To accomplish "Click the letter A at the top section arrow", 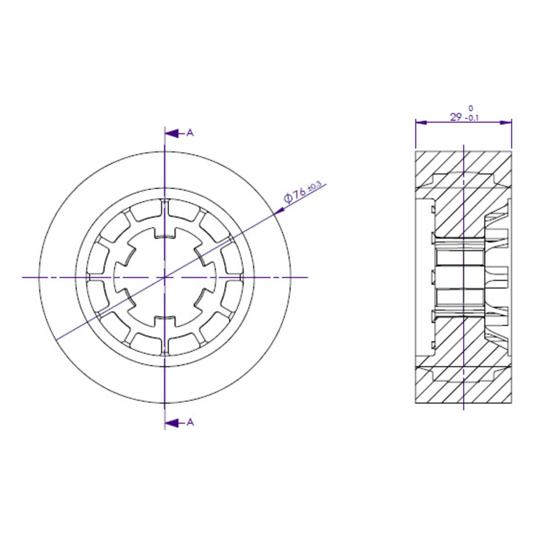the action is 190,133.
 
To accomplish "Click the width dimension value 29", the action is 456,117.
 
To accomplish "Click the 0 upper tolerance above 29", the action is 470,108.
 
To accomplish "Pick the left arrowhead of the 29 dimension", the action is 421,122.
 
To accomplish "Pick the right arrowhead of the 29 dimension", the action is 506,122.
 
